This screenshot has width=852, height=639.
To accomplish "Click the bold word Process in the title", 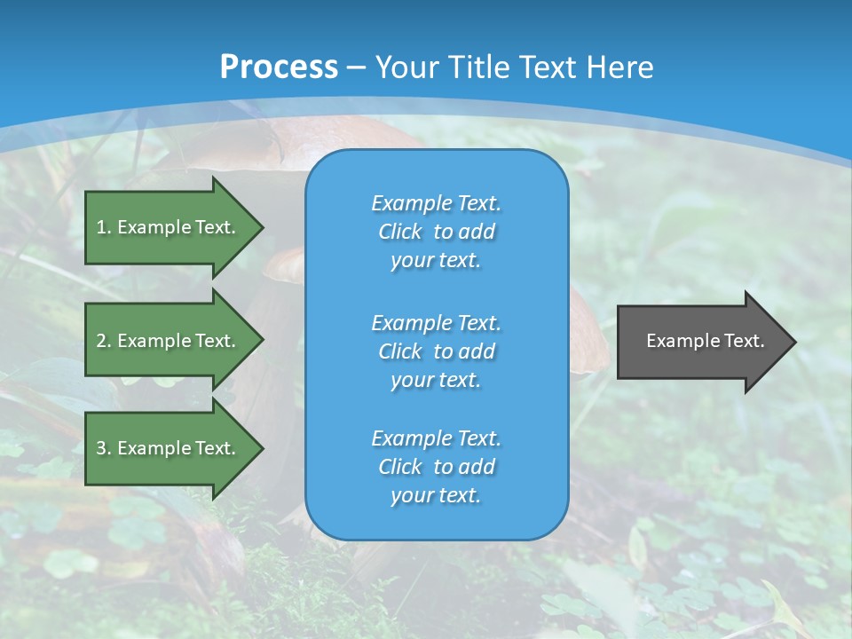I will point(279,67).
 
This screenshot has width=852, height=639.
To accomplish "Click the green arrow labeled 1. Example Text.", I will point(169,227).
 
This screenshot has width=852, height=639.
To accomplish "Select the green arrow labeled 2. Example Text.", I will point(169,341).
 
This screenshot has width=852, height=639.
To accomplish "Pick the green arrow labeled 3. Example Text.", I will point(169,448).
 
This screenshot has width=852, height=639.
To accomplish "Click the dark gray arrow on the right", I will point(701,342).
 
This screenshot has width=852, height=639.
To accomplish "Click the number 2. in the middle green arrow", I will point(104,341).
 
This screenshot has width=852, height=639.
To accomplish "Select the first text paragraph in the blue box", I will point(436,232).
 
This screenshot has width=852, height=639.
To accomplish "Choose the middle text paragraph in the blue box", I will point(436,351).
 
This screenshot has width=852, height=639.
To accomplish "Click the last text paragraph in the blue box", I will point(436,467).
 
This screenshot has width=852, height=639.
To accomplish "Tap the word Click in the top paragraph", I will point(400,232).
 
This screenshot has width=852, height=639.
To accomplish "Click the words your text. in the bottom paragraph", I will point(436,496).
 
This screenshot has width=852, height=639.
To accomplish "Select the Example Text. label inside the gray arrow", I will point(705,341).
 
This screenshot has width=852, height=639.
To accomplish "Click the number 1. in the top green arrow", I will point(104,227).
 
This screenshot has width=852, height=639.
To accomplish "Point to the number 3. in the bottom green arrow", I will point(104,448).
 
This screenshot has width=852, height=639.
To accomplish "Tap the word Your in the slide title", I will point(409,67).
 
